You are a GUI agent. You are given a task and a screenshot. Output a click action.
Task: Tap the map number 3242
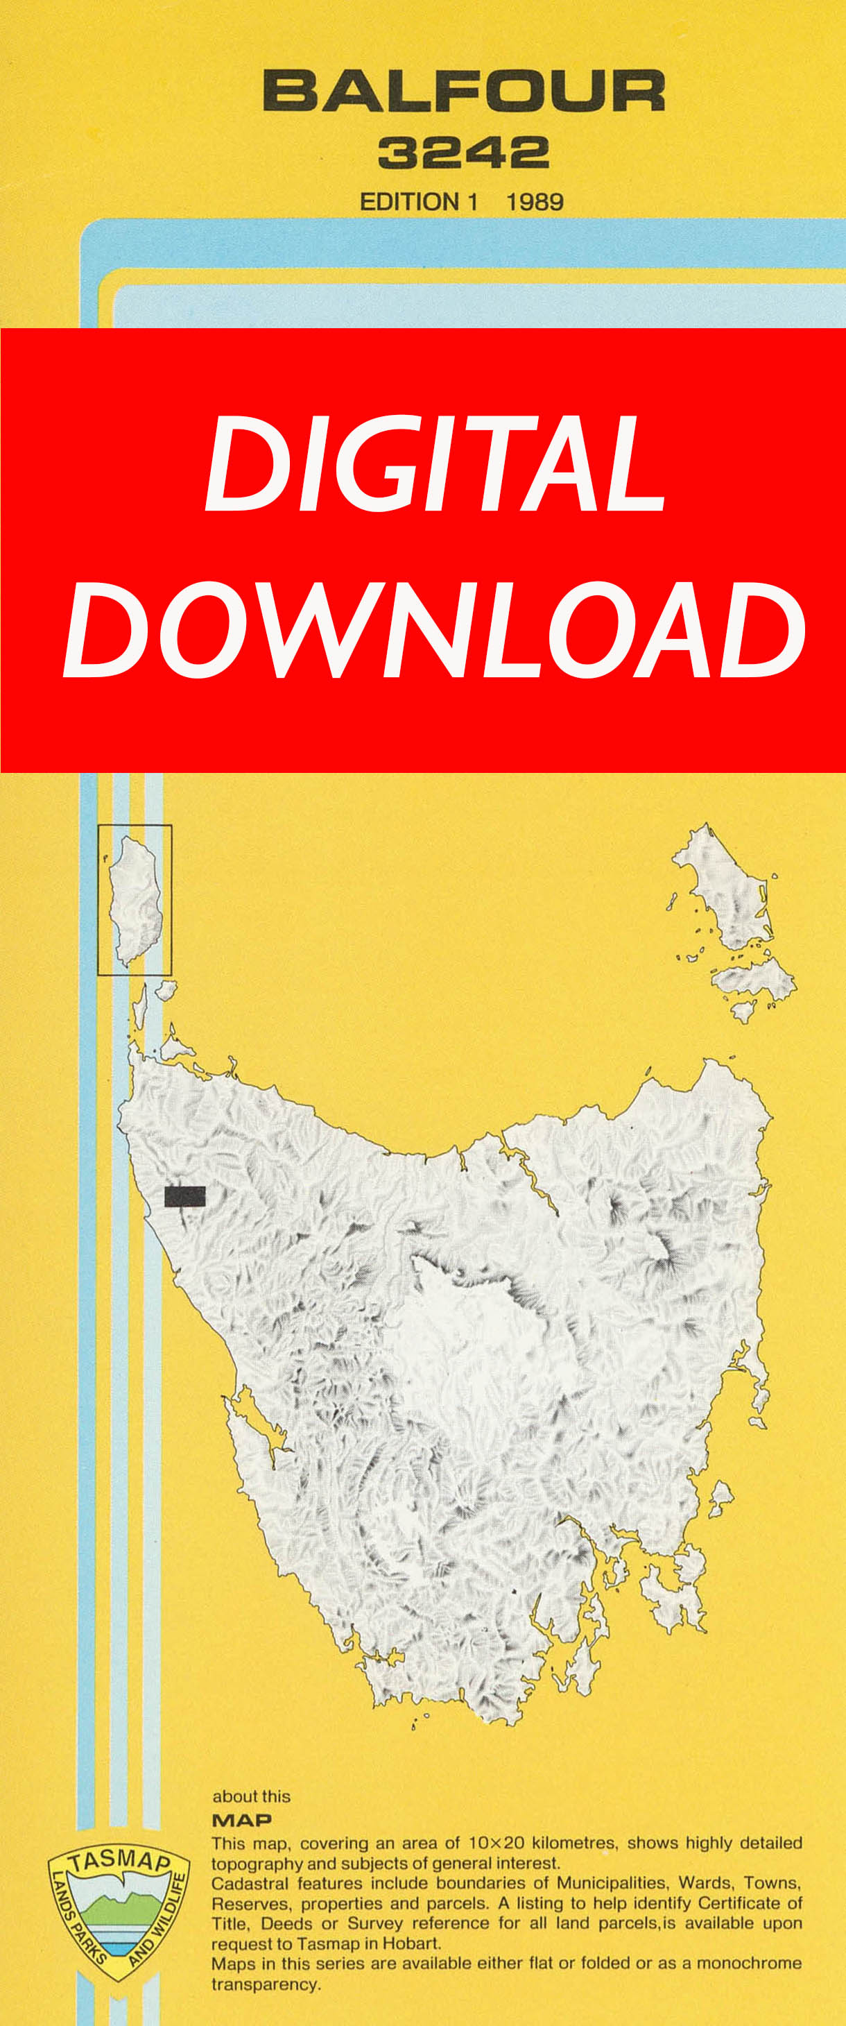pyautogui.click(x=463, y=153)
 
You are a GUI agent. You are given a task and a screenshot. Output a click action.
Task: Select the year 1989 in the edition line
pyautogui.click(x=535, y=202)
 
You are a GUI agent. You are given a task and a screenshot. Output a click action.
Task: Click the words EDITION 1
pyautogui.click(x=418, y=202)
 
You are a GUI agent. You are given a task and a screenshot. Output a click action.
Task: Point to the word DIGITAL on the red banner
pyautogui.click(x=435, y=463)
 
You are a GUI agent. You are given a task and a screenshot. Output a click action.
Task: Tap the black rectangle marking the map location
pyautogui.click(x=184, y=1196)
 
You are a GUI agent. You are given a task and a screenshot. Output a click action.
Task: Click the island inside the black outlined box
pyautogui.click(x=136, y=901)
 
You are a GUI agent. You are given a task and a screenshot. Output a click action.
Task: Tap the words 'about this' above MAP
pyautogui.click(x=251, y=1796)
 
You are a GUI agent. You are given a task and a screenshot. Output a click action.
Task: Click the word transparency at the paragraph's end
pyautogui.click(x=265, y=1984)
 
